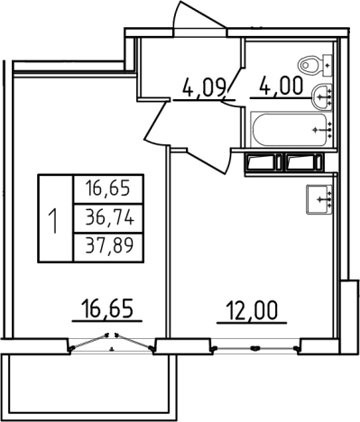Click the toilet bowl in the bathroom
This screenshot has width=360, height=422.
315,65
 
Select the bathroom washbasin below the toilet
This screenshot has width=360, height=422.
322,96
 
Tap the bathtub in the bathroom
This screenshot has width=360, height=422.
292,129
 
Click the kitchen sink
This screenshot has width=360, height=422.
319,199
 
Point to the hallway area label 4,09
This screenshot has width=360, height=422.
204,87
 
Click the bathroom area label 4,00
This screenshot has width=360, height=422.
281,85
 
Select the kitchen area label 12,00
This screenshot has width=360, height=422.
253,310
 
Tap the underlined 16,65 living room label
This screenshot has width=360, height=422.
107,308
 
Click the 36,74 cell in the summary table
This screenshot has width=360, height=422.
108,218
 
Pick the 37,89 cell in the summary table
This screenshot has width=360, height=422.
108,247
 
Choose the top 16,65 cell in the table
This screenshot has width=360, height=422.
108,189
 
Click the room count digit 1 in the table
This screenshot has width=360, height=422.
55,221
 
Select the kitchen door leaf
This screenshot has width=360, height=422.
208,162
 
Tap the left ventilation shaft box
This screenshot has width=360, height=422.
263,162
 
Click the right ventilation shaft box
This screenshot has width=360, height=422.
304,162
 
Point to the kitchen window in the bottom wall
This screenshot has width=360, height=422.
255,348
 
